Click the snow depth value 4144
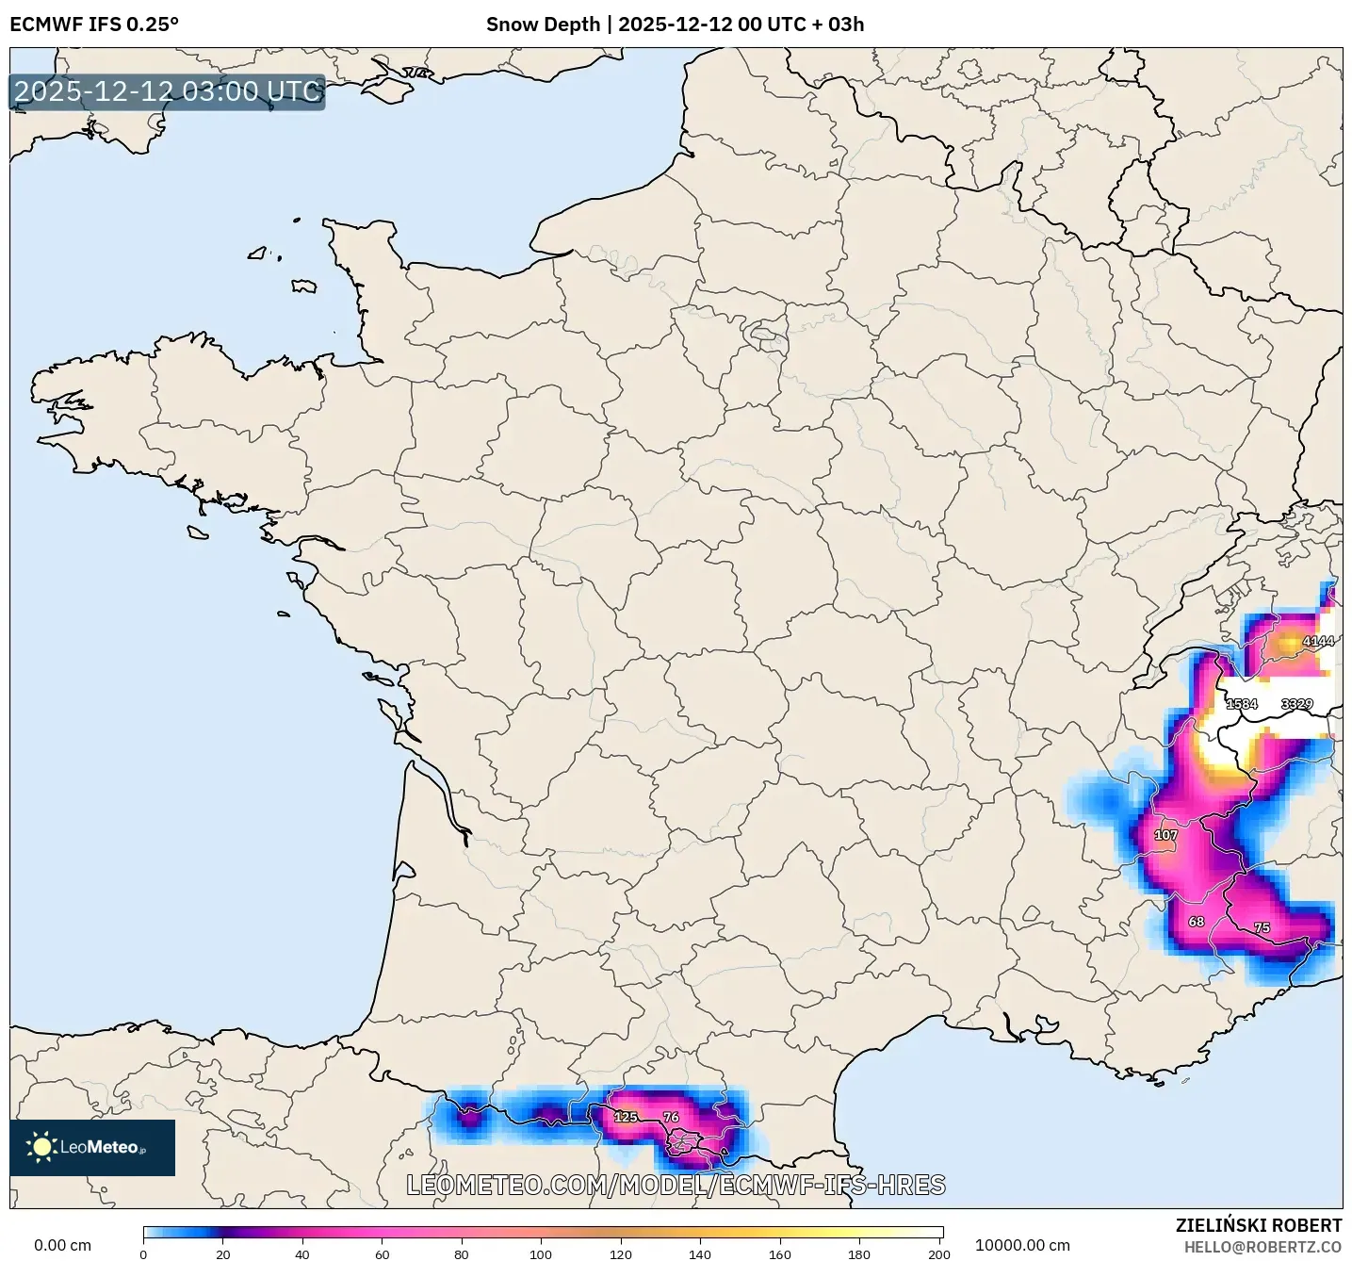coord(1317,642)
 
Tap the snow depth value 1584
coord(1241,704)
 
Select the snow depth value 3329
coord(1296,704)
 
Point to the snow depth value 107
coord(1165,835)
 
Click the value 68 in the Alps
coord(1196,922)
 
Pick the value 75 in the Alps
coord(1262,928)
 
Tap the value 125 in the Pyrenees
coord(626,1117)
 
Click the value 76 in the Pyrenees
coord(671,1117)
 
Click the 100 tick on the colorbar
coord(541,1253)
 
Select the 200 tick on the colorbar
coord(938,1253)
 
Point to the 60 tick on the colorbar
coord(382,1253)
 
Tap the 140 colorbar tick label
coord(700,1253)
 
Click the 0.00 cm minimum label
coord(62,1246)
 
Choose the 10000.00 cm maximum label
coord(1022,1246)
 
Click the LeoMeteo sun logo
coord(41,1147)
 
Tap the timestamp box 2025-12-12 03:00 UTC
coord(167,91)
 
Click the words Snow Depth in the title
coord(543,25)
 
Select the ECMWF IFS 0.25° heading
coord(93,25)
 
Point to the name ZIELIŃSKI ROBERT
coord(1259,1225)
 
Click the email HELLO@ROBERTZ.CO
coord(1262,1247)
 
